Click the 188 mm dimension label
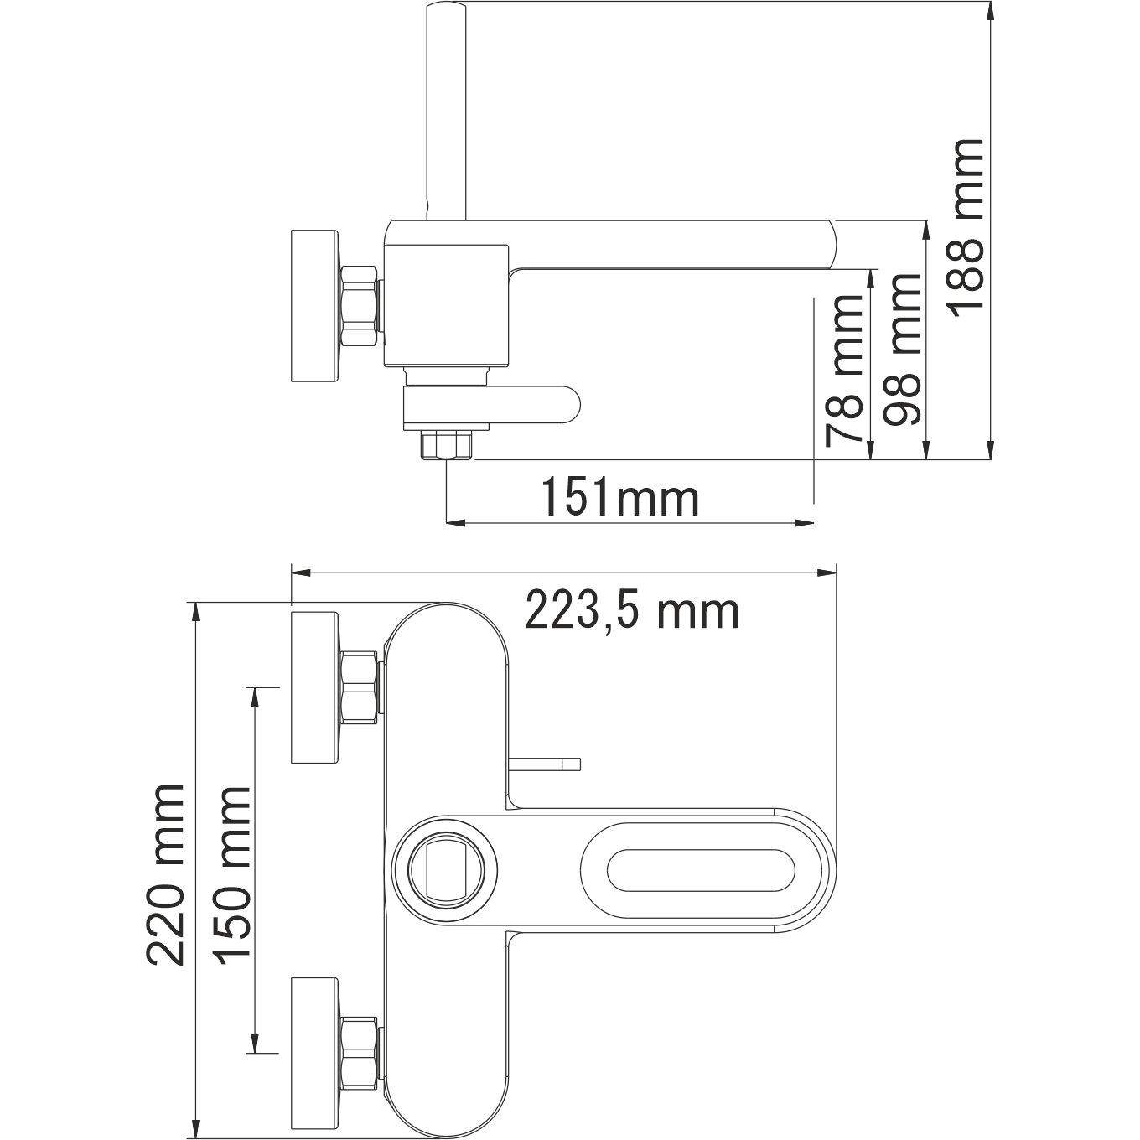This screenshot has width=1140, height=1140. click(966, 236)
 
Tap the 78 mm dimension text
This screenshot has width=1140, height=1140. click(845, 368)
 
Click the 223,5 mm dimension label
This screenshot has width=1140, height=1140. click(632, 611)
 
